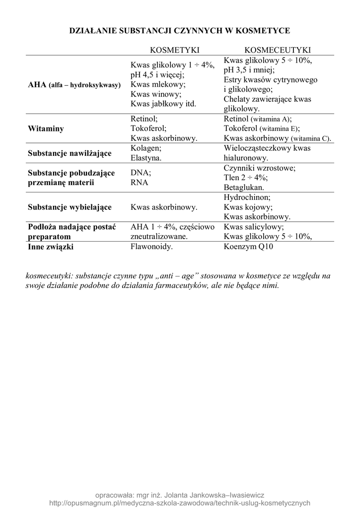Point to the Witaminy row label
(x=46, y=128)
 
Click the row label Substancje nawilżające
(x=69, y=153)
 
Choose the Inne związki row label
(x=51, y=247)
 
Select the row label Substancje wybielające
(x=70, y=207)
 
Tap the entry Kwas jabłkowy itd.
(x=163, y=104)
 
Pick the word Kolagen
(x=146, y=148)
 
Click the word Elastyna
(x=146, y=158)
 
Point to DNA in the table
(x=141, y=173)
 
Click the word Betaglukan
(x=244, y=188)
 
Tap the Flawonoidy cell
(x=151, y=247)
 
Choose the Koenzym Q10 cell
(x=249, y=247)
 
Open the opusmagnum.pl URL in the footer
(x=180, y=503)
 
